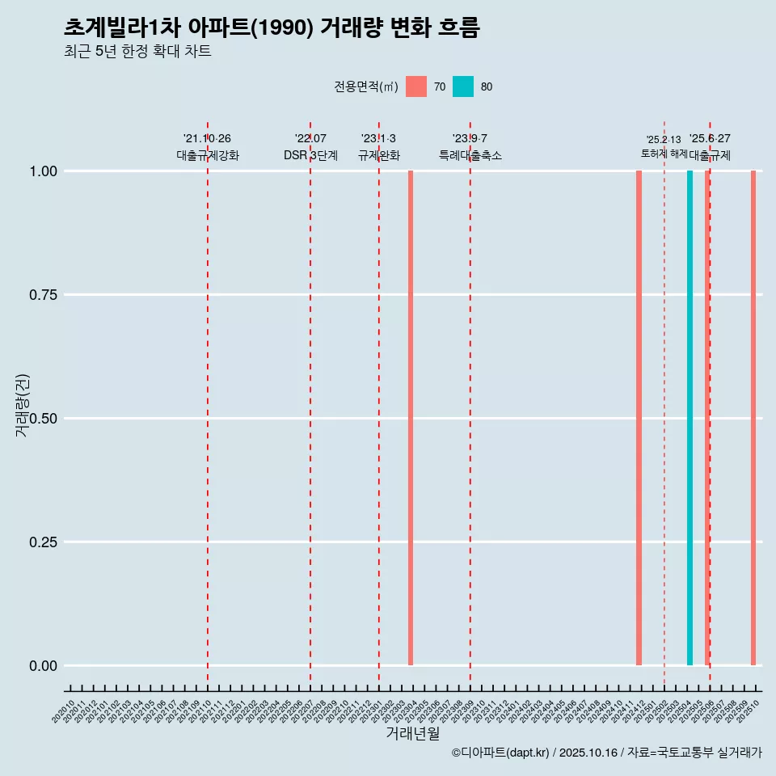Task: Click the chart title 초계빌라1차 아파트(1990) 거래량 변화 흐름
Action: click(x=272, y=28)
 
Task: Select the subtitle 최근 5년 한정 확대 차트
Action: click(x=137, y=52)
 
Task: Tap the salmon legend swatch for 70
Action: click(x=416, y=86)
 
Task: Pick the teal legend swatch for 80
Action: click(x=463, y=86)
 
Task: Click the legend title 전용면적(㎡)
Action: click(x=365, y=86)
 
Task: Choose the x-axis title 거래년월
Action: click(x=412, y=733)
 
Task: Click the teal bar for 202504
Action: click(x=690, y=418)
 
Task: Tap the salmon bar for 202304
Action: click(x=411, y=418)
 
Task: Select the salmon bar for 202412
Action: click(x=639, y=418)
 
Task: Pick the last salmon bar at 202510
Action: click(x=753, y=418)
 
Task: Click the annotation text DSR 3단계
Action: click(x=310, y=155)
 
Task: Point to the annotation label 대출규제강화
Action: click(x=208, y=155)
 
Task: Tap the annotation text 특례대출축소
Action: click(x=470, y=155)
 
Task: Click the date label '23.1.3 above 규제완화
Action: click(x=378, y=138)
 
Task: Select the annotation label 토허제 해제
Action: click(x=664, y=153)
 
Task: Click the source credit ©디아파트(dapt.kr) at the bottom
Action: click(x=501, y=753)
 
